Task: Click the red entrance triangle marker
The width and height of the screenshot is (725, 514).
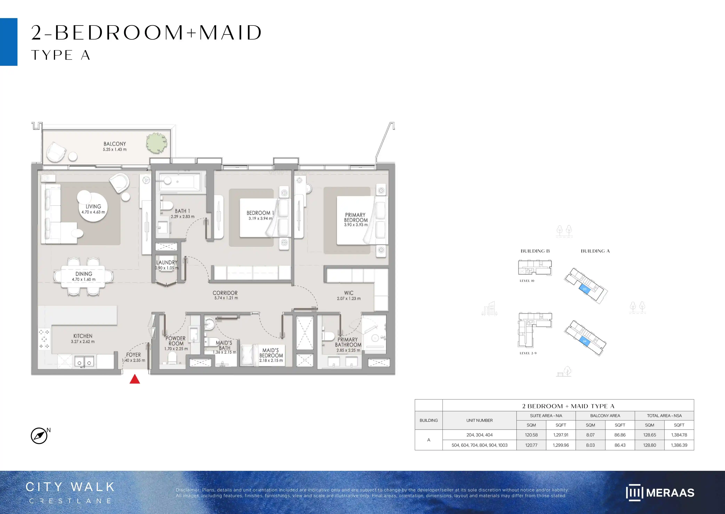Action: click(135, 379)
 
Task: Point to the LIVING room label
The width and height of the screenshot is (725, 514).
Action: click(93, 206)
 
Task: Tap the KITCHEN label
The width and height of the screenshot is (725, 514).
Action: click(83, 336)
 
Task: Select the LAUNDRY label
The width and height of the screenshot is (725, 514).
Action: click(167, 262)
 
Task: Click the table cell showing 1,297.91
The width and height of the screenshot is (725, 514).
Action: click(561, 435)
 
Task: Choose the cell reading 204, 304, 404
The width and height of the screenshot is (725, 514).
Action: click(479, 435)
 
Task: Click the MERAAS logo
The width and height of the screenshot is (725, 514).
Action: click(660, 492)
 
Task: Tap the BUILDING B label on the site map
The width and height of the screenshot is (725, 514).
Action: click(535, 251)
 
